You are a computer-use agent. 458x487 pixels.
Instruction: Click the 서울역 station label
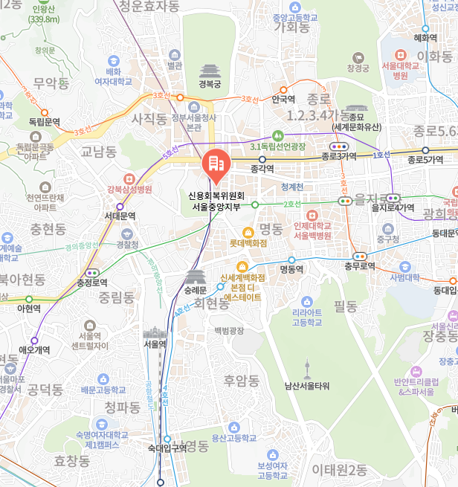(x=155, y=344)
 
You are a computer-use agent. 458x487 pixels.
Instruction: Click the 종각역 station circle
(x=262, y=158)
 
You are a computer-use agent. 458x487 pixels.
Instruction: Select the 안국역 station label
(x=283, y=98)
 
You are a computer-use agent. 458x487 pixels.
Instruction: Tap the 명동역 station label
(x=291, y=269)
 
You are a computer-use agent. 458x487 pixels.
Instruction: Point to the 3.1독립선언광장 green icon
(x=278, y=135)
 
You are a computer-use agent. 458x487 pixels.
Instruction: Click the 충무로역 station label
(x=358, y=265)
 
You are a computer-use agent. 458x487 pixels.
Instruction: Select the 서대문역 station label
(x=120, y=216)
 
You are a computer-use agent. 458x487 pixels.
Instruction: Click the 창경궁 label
(x=358, y=68)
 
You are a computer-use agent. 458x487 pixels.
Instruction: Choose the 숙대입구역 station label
(x=167, y=448)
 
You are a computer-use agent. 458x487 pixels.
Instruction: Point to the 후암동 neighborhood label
(x=242, y=381)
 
